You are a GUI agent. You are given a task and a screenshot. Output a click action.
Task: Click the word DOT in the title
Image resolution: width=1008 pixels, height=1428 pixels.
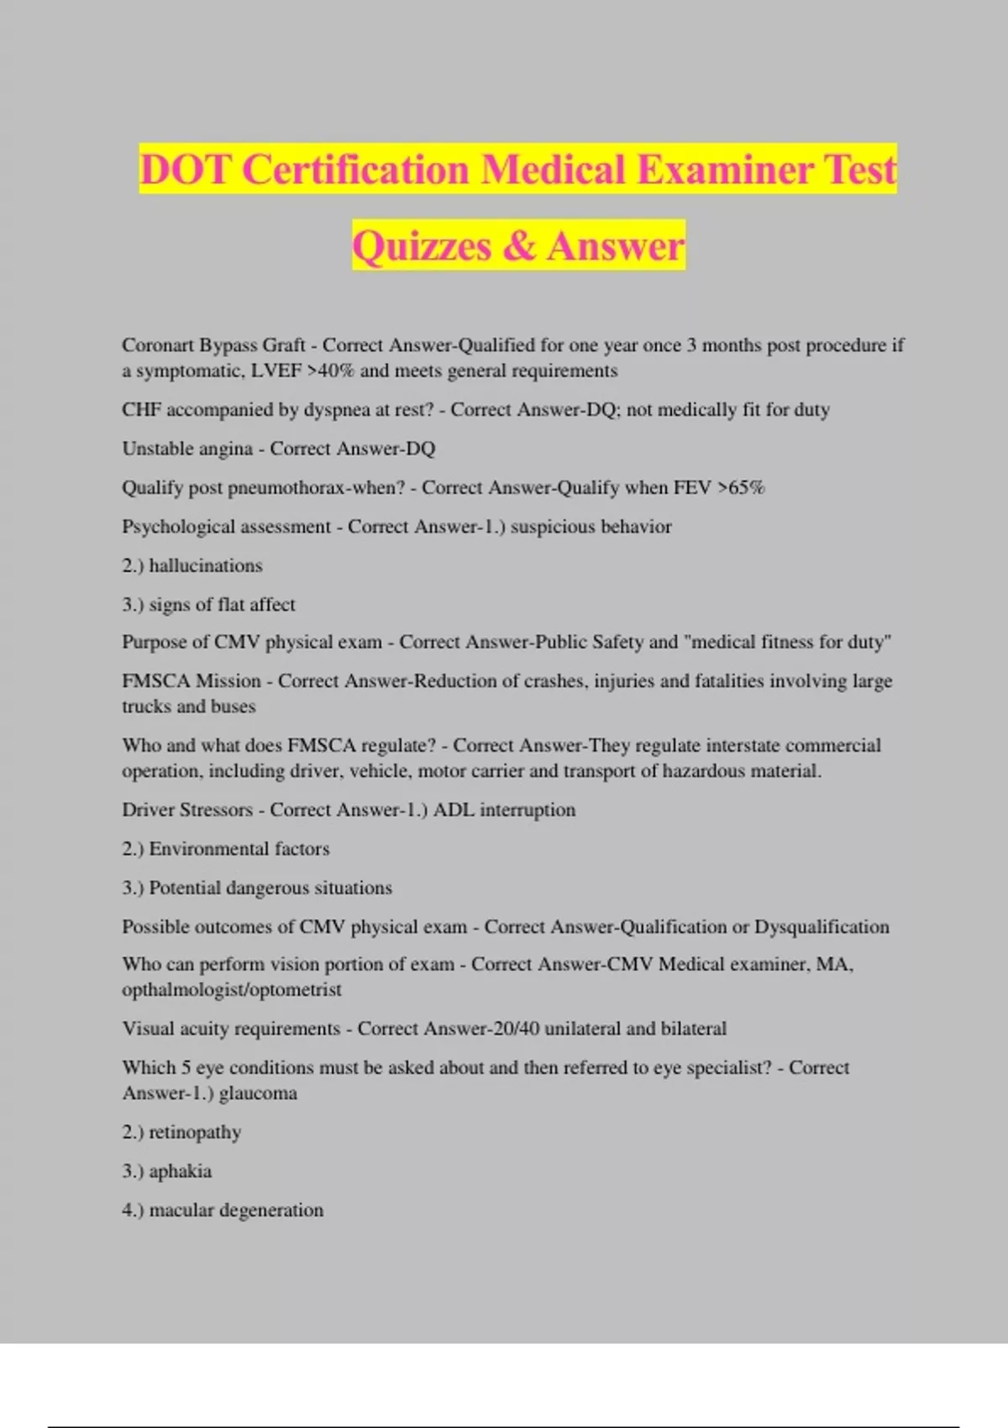184,170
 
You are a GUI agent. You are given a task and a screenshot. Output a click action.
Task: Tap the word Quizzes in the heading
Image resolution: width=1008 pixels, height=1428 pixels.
422,246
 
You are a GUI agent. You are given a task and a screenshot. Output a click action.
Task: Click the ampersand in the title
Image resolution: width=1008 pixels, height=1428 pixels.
519,246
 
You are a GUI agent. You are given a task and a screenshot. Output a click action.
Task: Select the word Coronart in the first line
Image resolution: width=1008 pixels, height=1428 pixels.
157,345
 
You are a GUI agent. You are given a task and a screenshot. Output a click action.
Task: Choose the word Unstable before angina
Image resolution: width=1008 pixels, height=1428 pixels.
157,449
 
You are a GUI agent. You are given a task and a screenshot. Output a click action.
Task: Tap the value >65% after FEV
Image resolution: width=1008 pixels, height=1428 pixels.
741,487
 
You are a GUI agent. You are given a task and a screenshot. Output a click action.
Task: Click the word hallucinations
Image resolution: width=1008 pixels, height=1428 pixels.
206,565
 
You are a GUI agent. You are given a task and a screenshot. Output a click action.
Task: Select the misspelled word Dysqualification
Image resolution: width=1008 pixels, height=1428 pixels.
822,927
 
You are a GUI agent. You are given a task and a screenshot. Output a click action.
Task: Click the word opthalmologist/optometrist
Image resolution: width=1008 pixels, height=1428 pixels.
232,990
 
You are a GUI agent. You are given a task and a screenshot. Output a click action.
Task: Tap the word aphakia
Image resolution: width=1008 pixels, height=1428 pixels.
181,1171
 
